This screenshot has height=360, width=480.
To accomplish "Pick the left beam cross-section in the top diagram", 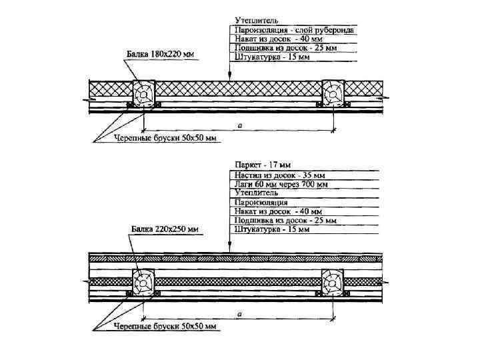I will tap(143, 94).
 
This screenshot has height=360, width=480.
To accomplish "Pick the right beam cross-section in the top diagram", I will tap(332, 93).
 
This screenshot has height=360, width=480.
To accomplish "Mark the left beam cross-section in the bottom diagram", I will tap(143, 282).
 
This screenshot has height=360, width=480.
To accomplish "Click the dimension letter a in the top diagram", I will tap(239, 125).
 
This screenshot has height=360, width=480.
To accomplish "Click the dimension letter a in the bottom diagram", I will tap(239, 313).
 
